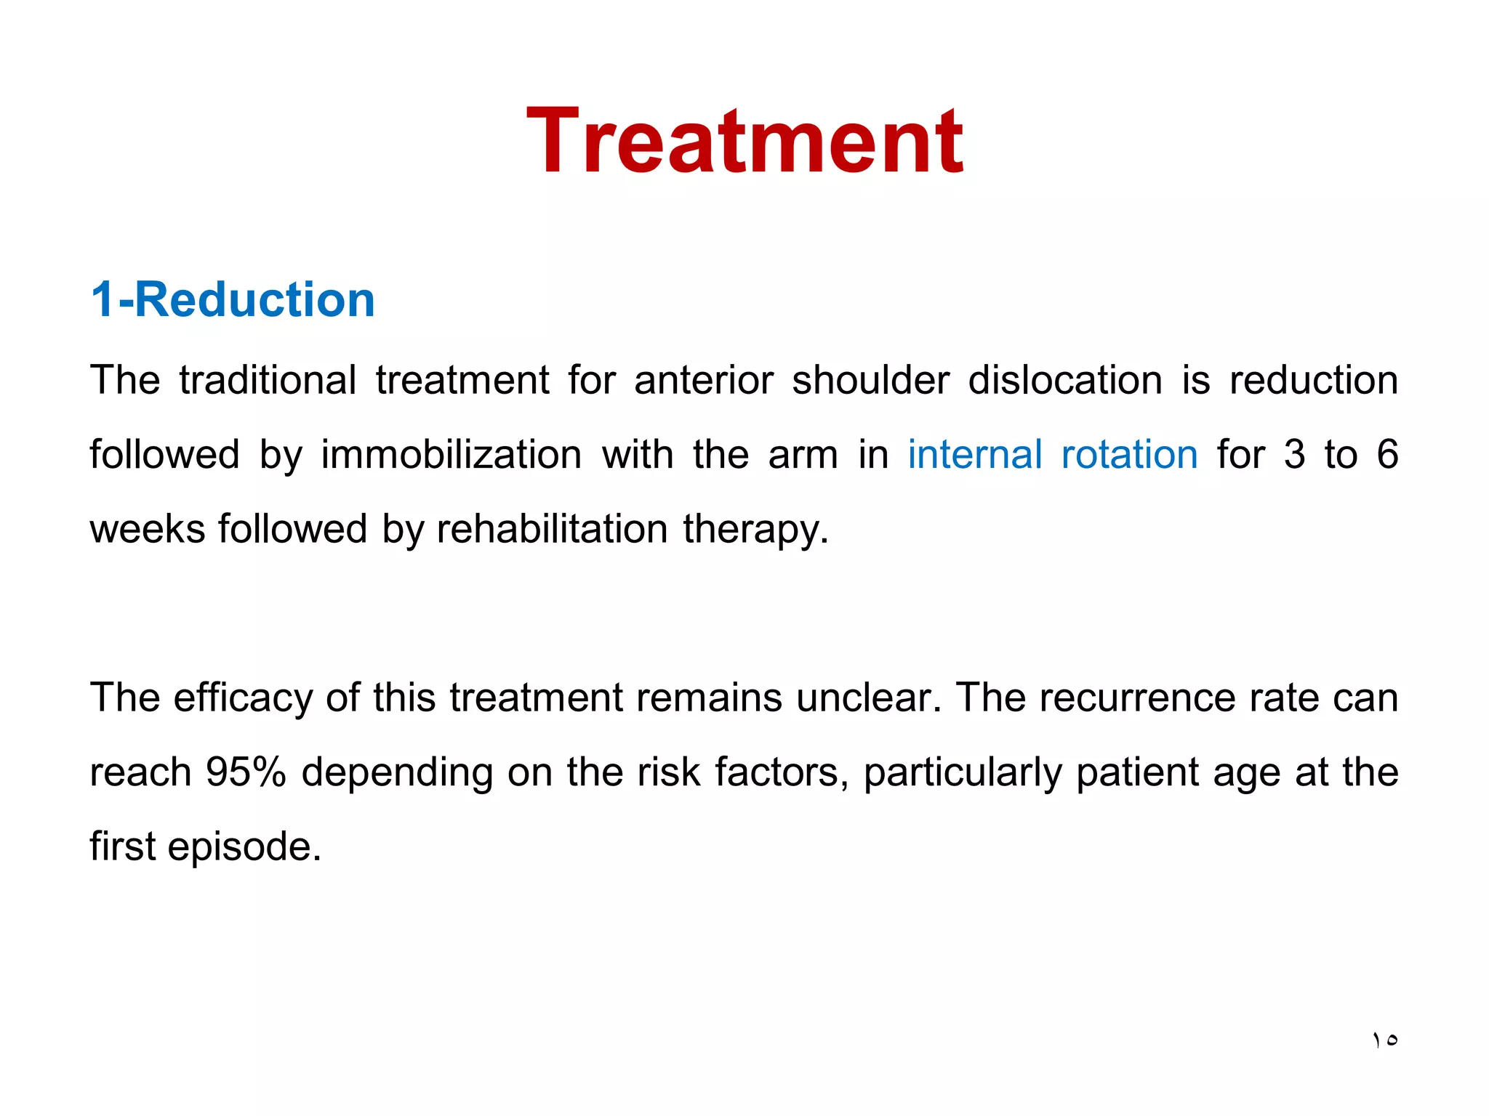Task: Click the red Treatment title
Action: (744, 141)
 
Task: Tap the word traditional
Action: (268, 380)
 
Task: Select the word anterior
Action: (703, 380)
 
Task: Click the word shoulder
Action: (870, 380)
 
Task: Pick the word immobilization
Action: (451, 455)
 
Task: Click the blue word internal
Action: (975, 455)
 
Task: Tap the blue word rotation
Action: (1129, 455)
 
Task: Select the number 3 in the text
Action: (1294, 455)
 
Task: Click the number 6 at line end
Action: (1387, 455)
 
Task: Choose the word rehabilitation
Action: (552, 529)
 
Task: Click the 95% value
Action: (246, 772)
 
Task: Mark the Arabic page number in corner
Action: (1385, 1040)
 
